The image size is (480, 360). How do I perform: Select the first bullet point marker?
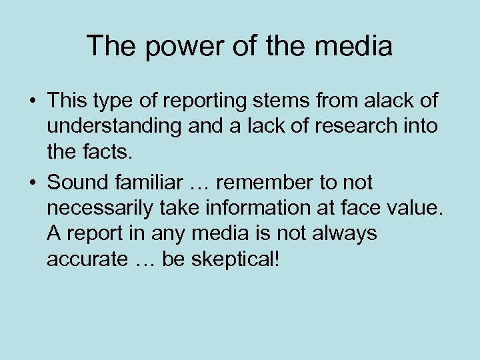click(x=31, y=101)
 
